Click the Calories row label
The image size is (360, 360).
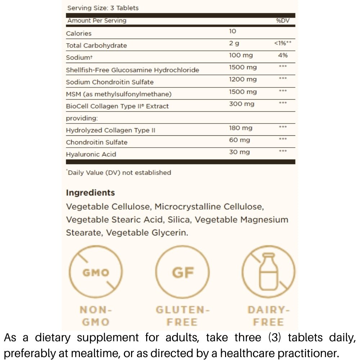tap(79, 33)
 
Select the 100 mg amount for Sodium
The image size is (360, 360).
tap(241, 55)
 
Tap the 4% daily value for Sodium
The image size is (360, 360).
tap(283, 55)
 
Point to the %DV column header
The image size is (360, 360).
tap(283, 21)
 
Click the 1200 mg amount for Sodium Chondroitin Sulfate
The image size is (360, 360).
tap(243, 80)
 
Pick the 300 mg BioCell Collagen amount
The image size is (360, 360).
tap(242, 104)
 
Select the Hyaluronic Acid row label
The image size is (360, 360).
tap(91, 154)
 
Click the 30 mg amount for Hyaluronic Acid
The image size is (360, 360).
tap(239, 152)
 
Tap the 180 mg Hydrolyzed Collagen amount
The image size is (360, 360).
tap(240, 128)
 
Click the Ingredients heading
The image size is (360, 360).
tap(90, 193)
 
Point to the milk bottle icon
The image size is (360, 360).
tap(268, 271)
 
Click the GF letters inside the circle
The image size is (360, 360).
tap(183, 273)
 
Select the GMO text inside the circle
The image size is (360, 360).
tap(96, 273)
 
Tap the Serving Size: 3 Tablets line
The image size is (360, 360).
tap(103, 8)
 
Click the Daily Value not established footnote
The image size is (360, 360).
tap(119, 173)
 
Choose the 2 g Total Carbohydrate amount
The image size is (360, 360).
tap(234, 43)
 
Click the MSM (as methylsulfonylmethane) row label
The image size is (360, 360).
tap(119, 94)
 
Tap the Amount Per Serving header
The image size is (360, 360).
tap(97, 21)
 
